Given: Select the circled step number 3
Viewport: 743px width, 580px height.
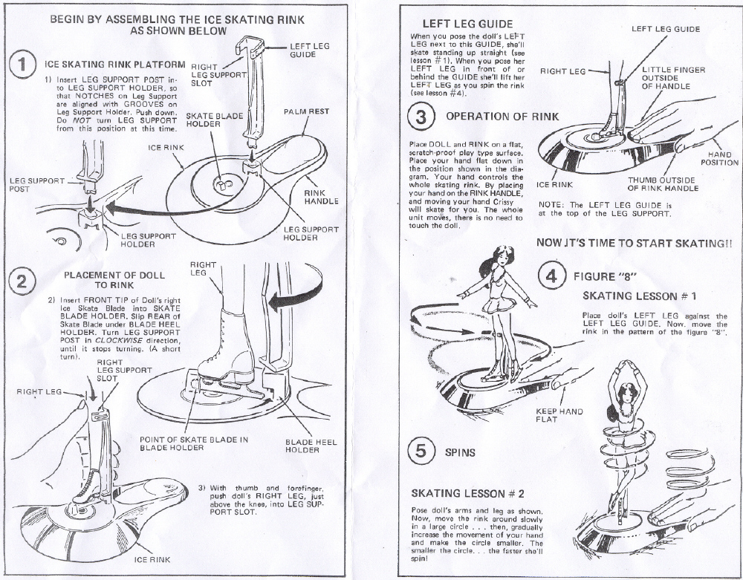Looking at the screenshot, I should coord(422,117).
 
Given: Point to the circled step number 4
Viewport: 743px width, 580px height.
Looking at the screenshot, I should coord(551,277).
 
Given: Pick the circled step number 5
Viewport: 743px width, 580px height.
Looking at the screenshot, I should coord(422,451).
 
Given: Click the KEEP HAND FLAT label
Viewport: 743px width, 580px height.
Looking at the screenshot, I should coord(559,415).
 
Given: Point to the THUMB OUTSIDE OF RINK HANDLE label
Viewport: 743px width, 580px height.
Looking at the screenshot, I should coord(663,183).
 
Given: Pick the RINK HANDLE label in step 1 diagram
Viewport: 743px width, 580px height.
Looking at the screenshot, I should coord(321,196).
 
